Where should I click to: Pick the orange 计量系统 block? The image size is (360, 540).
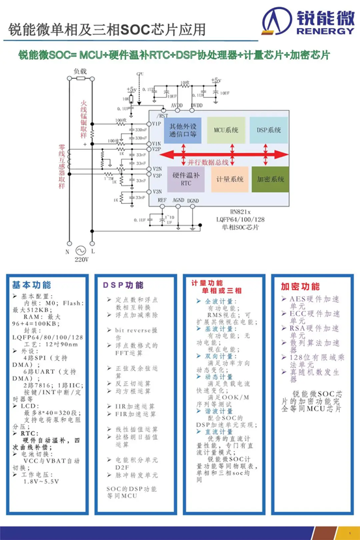(x=228, y=178)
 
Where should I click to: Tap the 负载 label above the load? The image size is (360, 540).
(x=79, y=70)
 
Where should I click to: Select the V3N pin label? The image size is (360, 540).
(x=156, y=192)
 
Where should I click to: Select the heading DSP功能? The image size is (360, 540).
(x=122, y=285)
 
